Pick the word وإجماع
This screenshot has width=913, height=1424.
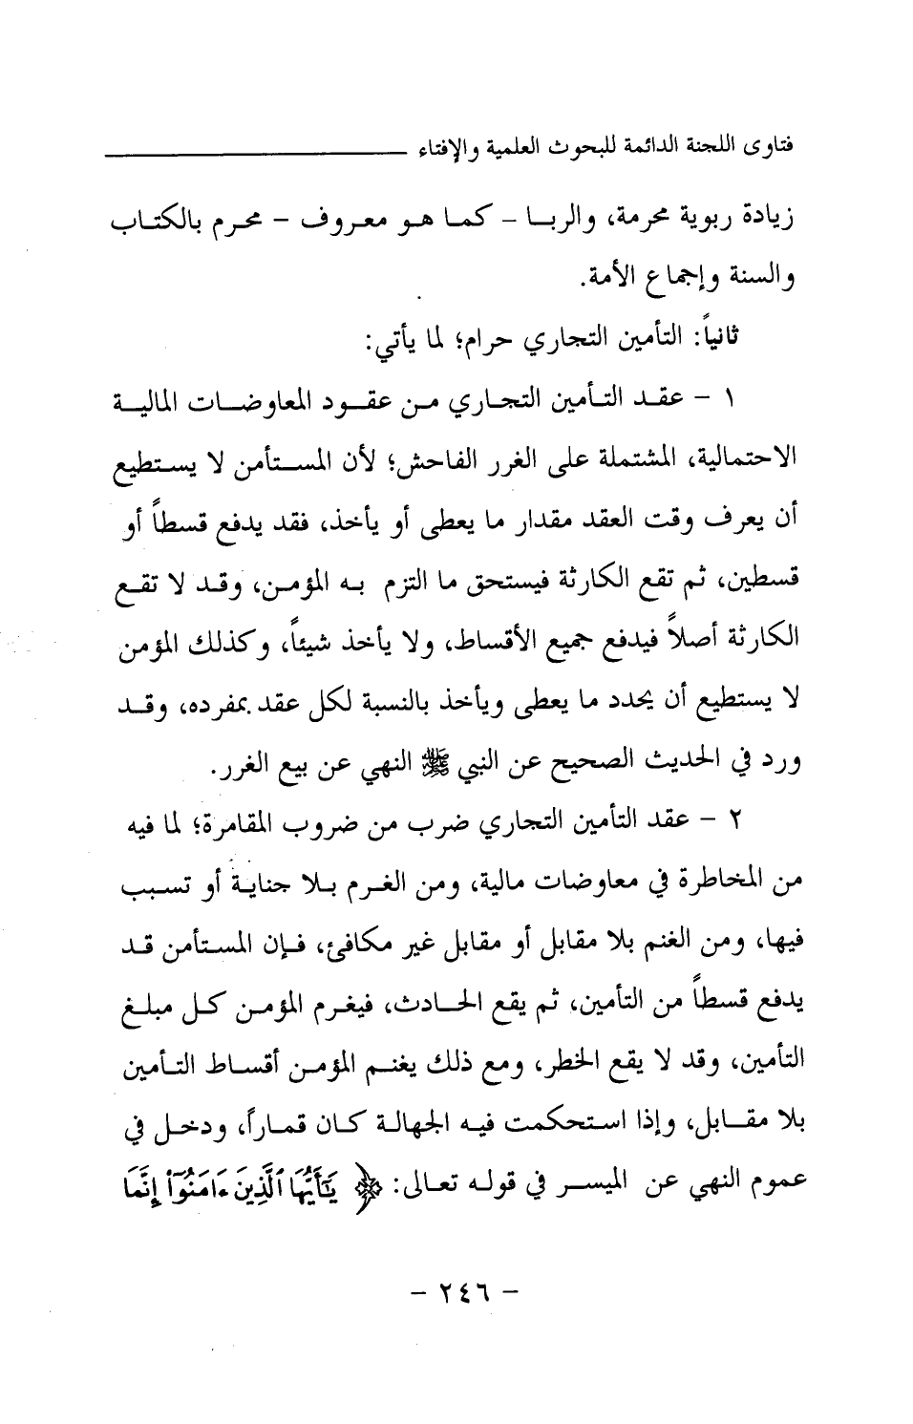point(683,281)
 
